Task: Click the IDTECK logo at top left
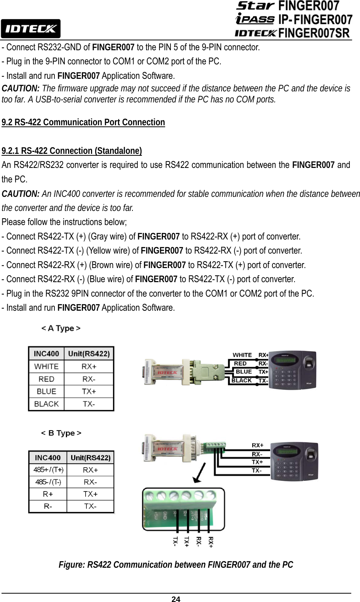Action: click(x=30, y=29)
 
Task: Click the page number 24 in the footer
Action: click(x=176, y=599)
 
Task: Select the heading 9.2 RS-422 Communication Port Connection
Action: click(x=83, y=122)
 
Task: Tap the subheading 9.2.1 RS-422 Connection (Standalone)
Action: click(x=72, y=151)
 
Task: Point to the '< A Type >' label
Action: click(x=61, y=328)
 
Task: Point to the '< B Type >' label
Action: click(x=61, y=433)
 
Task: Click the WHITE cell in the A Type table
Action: click(x=46, y=366)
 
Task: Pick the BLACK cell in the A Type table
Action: click(x=46, y=404)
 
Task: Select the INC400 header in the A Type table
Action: click(x=46, y=354)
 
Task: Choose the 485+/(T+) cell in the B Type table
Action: click(x=48, y=470)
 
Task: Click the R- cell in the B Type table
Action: click(x=48, y=506)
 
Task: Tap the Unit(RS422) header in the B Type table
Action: click(x=91, y=458)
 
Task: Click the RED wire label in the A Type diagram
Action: click(x=241, y=364)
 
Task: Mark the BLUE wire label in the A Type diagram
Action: click(x=244, y=372)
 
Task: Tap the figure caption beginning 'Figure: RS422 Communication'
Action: click(x=176, y=565)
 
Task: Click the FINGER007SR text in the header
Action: click(x=314, y=33)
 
